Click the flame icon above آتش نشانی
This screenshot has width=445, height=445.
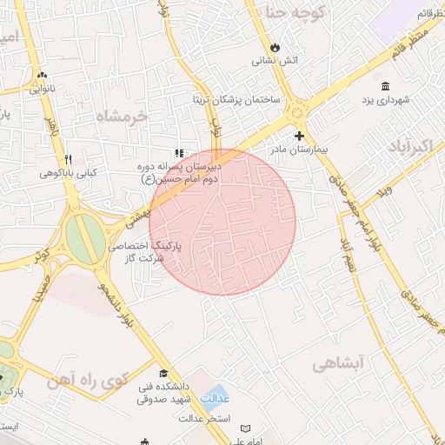click(276, 46)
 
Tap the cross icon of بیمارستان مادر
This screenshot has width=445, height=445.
click(300, 136)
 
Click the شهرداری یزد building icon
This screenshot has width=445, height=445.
click(385, 85)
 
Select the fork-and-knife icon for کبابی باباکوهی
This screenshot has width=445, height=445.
click(68, 159)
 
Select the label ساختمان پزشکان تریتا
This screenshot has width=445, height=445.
click(234, 100)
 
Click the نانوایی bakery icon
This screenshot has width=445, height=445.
click(42, 75)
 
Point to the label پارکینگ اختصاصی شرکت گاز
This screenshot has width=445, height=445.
click(143, 253)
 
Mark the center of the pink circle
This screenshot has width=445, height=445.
click(222, 222)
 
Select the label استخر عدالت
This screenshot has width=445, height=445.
click(205, 419)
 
